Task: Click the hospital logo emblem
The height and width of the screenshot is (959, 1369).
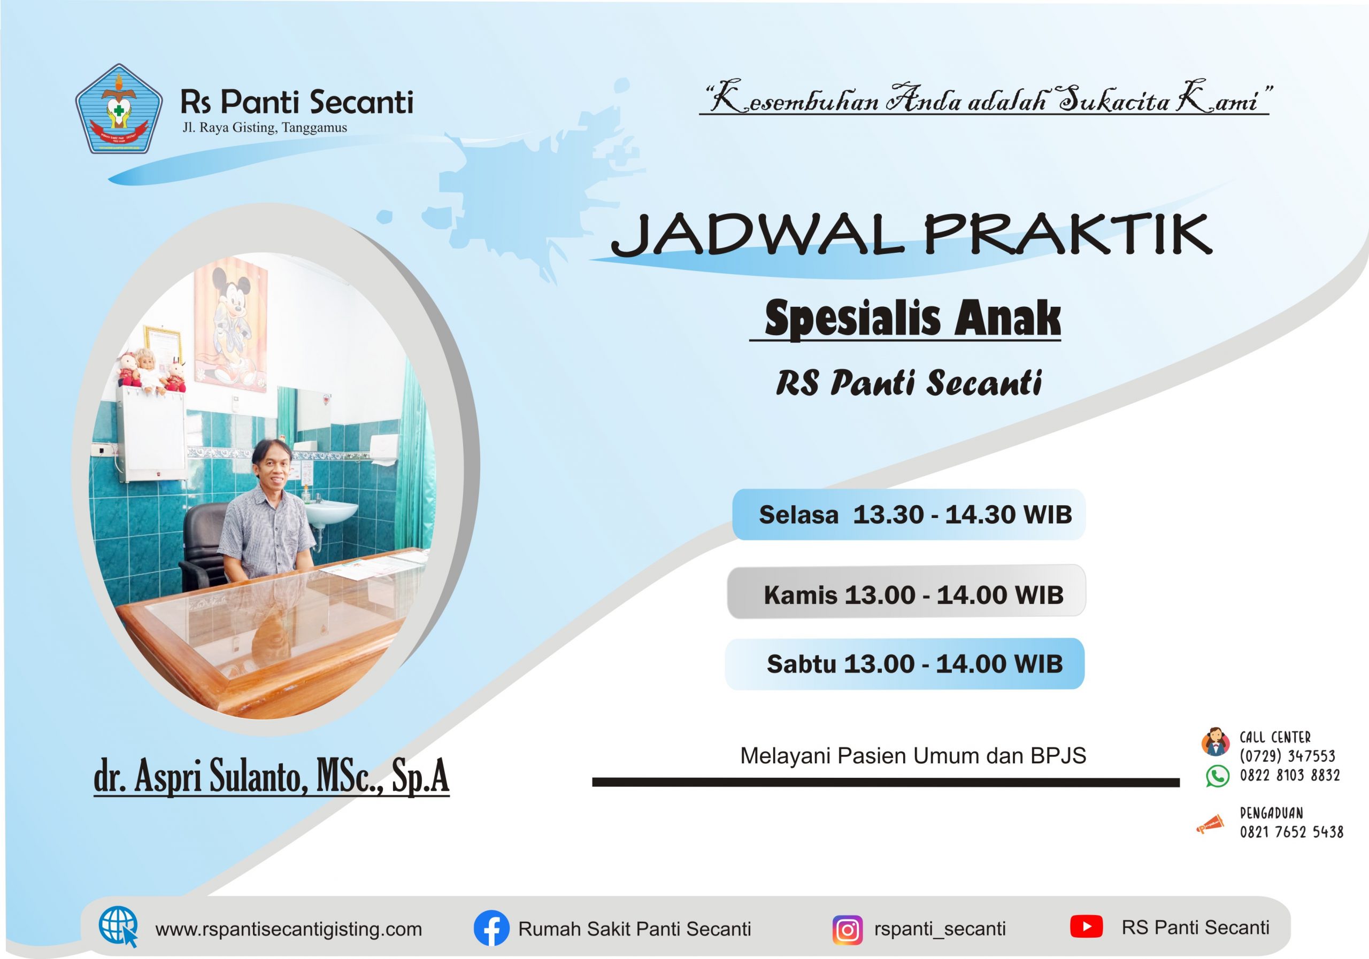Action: [119, 109]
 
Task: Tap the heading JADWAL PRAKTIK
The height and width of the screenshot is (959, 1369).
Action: [912, 235]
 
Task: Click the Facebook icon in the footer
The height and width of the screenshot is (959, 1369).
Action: [491, 928]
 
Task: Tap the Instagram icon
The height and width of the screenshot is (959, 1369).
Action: [847, 929]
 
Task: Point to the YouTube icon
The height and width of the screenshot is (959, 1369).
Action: [1086, 927]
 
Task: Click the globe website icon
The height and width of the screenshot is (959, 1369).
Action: [119, 926]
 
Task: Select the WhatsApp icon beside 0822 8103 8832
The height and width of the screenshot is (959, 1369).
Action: [1218, 777]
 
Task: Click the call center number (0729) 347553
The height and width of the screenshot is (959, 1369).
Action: [1287, 756]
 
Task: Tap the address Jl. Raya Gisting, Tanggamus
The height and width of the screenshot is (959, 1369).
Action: [265, 128]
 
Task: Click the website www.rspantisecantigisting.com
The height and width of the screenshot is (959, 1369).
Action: [289, 929]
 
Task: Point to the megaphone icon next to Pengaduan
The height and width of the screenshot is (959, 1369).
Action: [1210, 825]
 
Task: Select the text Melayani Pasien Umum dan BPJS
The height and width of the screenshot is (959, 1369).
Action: [913, 756]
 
